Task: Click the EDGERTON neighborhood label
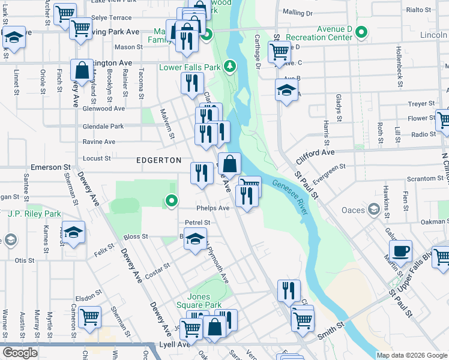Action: [x=158, y=160]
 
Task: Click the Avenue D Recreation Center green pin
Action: [x=361, y=32]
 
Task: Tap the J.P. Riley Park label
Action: [x=35, y=214]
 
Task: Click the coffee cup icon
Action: [x=400, y=250]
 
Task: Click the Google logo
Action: [x=20, y=353]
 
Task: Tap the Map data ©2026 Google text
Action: [x=412, y=355]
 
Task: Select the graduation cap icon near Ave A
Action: [x=286, y=91]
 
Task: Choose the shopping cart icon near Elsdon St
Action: [x=89, y=316]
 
